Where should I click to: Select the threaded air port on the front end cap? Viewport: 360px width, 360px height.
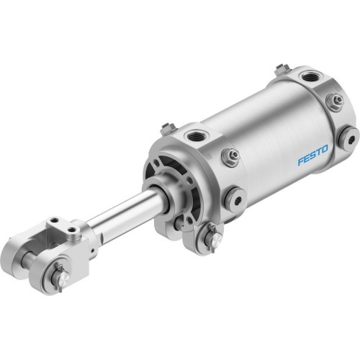[197, 135]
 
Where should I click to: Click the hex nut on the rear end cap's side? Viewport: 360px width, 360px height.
[333, 102]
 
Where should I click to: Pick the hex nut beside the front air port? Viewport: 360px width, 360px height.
[231, 155]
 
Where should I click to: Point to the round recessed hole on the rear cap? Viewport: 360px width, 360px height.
[349, 135]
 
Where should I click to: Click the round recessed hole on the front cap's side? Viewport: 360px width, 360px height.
[235, 194]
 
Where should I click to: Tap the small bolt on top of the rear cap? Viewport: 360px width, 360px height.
[278, 71]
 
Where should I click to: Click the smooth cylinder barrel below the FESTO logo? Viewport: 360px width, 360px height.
[288, 180]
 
